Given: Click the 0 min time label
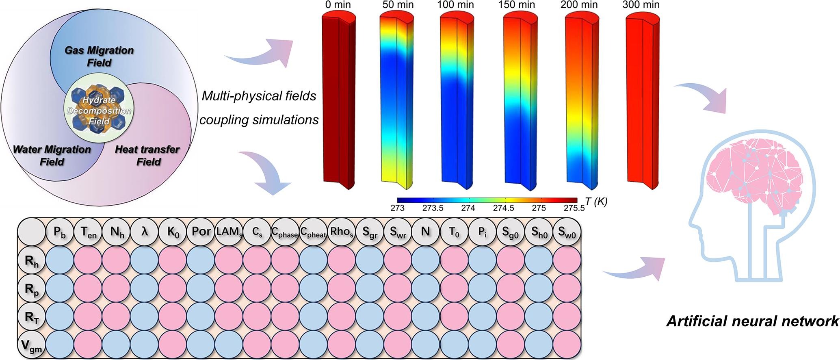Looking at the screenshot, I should pyautogui.click(x=338, y=5).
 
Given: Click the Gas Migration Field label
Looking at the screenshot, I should pyautogui.click(x=100, y=56).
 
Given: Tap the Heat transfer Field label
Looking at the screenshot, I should pyautogui.click(x=147, y=155).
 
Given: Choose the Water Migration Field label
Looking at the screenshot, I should pyautogui.click(x=52, y=155).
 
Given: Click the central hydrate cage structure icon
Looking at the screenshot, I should pyautogui.click(x=99, y=111).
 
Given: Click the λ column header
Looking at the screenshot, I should pyautogui.click(x=145, y=232).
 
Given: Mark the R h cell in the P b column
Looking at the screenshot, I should pyautogui.click(x=60, y=260).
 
